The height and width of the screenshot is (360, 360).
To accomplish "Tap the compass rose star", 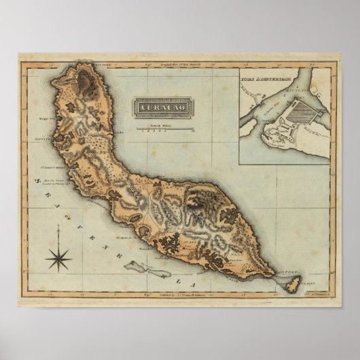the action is [x=60, y=258].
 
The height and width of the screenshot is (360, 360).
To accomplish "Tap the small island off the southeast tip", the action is [x=293, y=285].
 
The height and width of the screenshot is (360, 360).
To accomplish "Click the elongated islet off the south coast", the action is [x=147, y=270].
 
